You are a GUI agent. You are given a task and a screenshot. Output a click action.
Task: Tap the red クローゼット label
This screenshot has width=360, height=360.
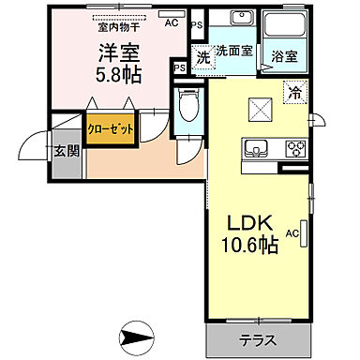coord(111,128)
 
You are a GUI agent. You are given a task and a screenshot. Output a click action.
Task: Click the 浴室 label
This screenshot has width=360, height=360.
coord(285,55)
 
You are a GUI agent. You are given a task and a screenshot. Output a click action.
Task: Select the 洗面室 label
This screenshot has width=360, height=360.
coord(232,51)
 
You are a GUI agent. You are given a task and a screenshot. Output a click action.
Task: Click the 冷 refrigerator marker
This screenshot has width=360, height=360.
coord(295,93)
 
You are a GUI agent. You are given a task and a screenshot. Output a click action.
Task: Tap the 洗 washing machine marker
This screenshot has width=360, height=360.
coord(203,56)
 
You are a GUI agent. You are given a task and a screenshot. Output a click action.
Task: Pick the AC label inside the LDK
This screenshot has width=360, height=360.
coord(292,233)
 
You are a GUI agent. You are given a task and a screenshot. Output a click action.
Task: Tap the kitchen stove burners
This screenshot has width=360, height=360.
coord(295,147)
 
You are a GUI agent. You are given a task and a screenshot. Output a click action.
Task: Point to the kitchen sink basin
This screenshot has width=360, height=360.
coord(256,147)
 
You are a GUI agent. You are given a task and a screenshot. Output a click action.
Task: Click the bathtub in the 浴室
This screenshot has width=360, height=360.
coord(284,27)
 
